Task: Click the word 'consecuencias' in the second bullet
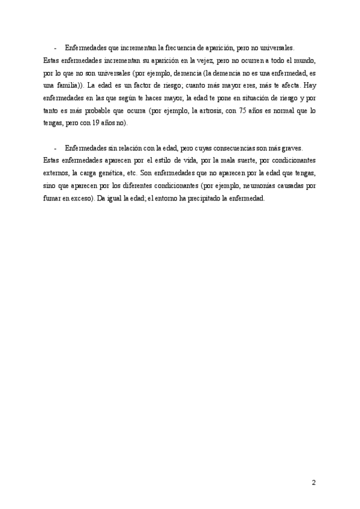(236, 148)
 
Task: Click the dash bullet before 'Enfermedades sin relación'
(55, 148)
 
